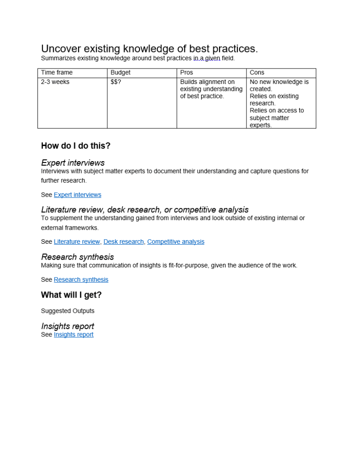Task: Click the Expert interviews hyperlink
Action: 78,195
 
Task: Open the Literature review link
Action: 77,242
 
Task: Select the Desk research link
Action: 123,242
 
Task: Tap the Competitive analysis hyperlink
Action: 176,242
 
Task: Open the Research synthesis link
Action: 81,280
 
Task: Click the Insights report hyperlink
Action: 73,335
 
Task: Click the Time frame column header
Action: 57,73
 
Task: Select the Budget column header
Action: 120,73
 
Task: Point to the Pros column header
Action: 187,73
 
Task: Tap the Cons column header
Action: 257,73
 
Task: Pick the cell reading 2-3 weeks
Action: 55,82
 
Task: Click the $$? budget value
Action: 116,82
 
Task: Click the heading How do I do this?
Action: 76,146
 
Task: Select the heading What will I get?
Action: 71,295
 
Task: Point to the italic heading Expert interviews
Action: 73,163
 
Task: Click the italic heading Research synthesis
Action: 77,257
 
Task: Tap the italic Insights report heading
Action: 68,326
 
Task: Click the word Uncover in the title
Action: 59,49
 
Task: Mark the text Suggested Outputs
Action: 68,311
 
